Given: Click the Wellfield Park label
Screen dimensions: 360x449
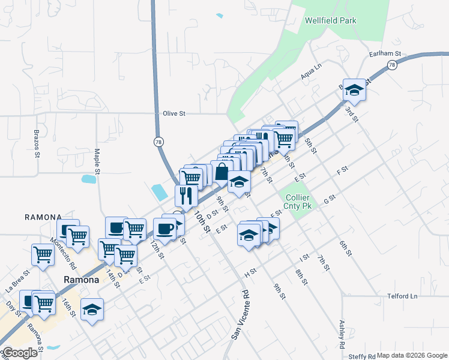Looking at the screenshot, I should pyautogui.click(x=330, y=20).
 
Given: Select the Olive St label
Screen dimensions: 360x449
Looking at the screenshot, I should pyautogui.click(x=175, y=113).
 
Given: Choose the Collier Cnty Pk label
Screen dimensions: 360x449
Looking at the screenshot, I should pyautogui.click(x=298, y=202).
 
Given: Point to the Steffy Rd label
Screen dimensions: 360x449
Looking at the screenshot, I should pyautogui.click(x=363, y=356).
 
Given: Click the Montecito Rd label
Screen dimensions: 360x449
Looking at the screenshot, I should pyautogui.click(x=63, y=253).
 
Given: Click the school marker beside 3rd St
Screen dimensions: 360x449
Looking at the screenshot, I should pyautogui.click(x=354, y=90).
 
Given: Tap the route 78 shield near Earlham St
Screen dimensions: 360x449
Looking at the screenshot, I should pyautogui.click(x=392, y=65).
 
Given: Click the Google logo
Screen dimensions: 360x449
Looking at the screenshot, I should pyautogui.click(x=20, y=353).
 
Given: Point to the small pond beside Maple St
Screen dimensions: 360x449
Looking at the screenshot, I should pyautogui.click(x=89, y=179).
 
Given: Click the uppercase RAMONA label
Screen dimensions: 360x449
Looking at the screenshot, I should pyautogui.click(x=43, y=217).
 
